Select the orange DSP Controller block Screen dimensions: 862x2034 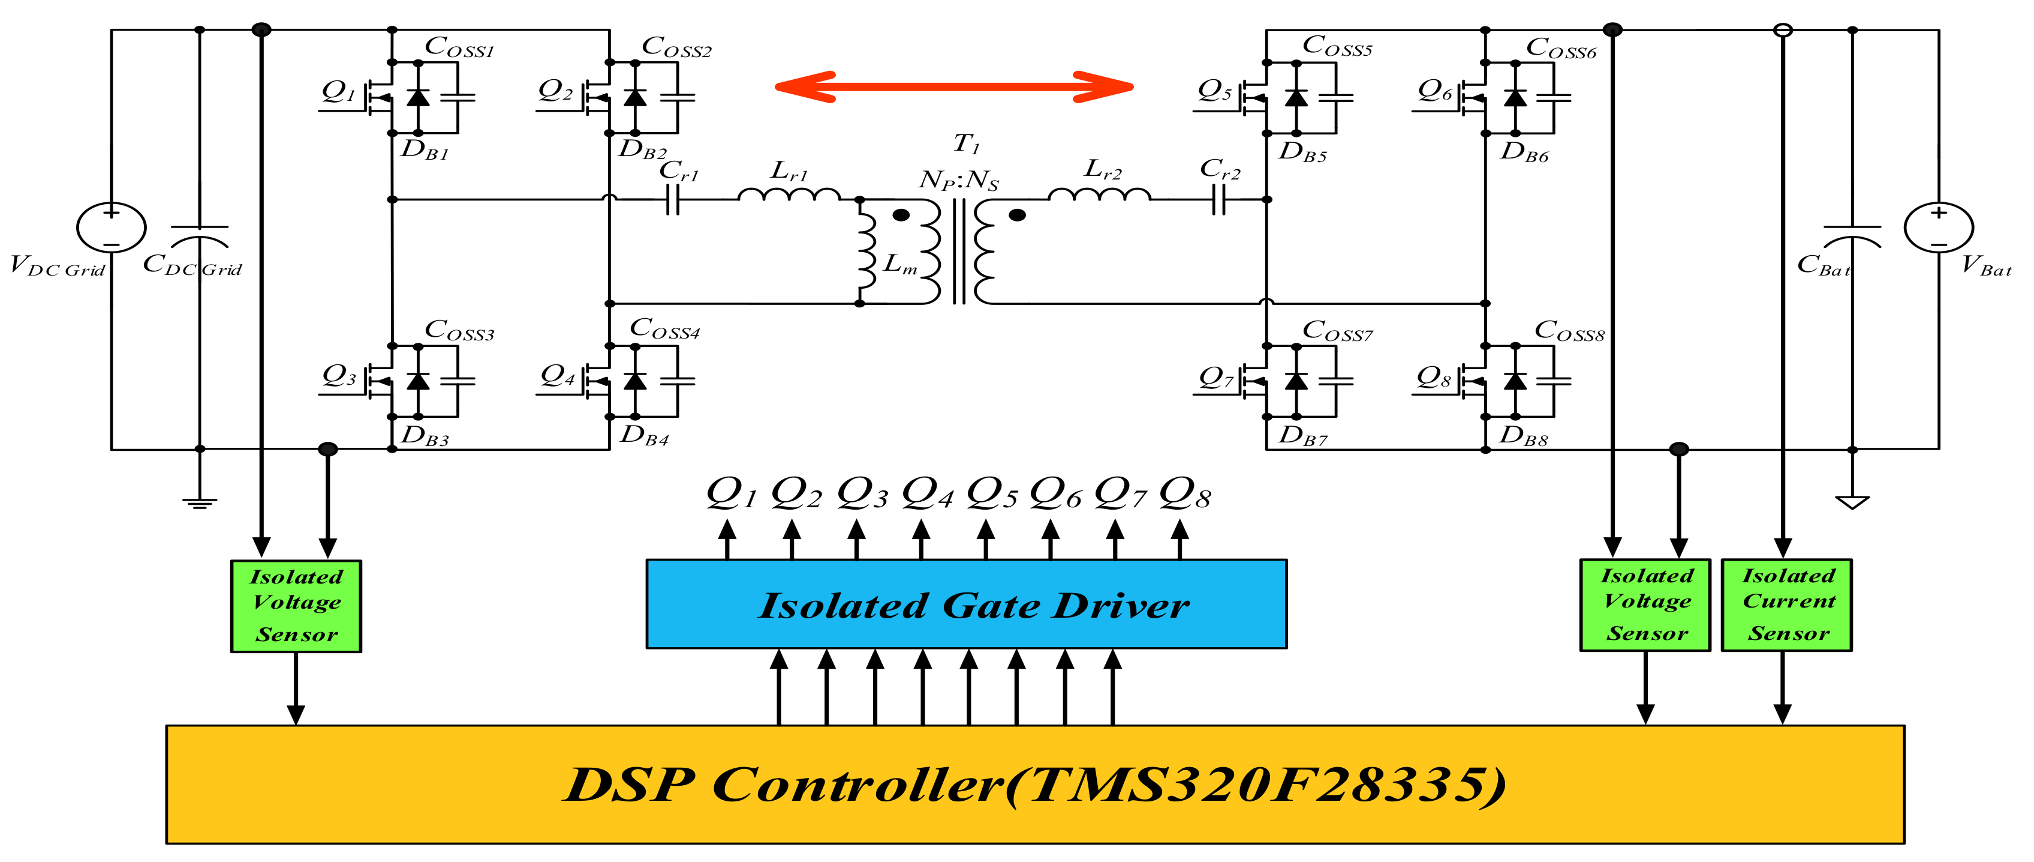1034,784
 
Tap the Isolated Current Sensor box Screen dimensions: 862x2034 1786,604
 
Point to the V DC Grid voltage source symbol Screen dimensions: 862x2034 112,228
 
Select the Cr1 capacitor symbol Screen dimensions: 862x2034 672,200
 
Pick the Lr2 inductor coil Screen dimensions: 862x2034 1099,195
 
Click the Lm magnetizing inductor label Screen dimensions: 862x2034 898,263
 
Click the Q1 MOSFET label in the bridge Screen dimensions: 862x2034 338,91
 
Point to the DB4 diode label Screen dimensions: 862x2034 643,435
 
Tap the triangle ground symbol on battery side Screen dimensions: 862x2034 1852,502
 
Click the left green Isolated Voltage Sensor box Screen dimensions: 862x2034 296,606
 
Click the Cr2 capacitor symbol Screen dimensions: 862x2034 1218,200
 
